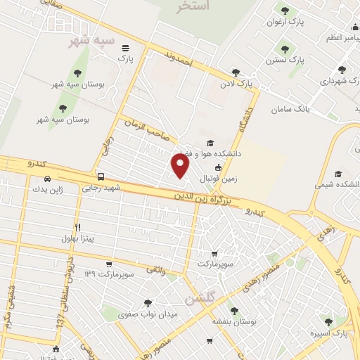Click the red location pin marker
[x=181, y=166]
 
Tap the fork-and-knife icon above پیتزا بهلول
[x=77, y=227]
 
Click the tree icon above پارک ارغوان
[x=285, y=10]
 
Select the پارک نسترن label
[x=300, y=60]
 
